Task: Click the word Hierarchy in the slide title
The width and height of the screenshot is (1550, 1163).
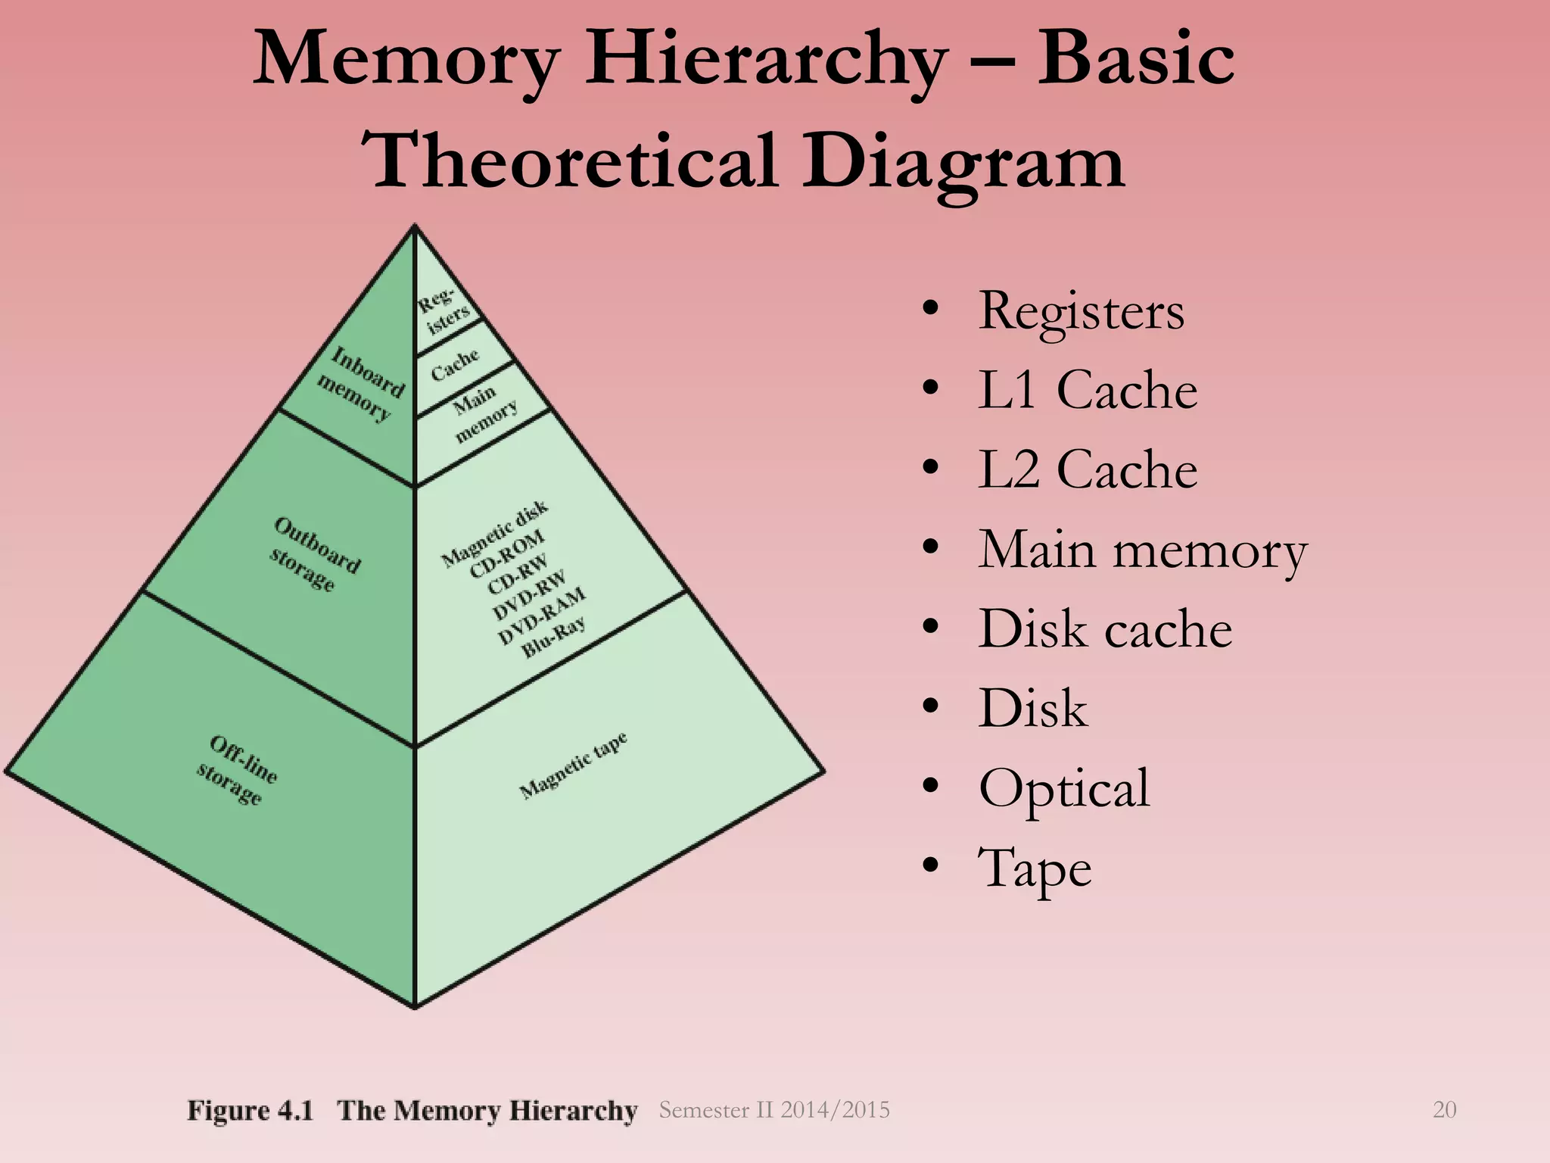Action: pos(765,61)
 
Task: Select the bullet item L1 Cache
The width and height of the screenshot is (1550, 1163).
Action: pos(1087,390)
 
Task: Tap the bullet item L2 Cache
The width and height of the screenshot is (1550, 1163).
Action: pos(1087,469)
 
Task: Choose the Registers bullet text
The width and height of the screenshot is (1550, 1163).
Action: pos(1081,311)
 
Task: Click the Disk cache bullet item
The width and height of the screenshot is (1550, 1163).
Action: pos(1105,628)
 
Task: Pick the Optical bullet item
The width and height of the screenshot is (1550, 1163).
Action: pos(1063,787)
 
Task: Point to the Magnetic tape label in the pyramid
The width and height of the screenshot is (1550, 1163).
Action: pos(574,765)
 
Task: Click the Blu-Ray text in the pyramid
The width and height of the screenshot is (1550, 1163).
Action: pos(554,637)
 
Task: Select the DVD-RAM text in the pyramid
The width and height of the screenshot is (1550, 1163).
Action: pos(542,615)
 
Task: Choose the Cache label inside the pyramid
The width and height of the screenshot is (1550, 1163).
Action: pos(455,364)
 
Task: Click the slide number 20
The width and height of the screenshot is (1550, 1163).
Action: pos(1444,1110)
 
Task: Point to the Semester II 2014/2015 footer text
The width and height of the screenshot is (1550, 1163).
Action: pos(774,1110)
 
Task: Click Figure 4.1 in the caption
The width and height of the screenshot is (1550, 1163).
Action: pos(250,1111)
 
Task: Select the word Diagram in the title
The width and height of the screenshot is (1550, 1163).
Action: pos(963,161)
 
